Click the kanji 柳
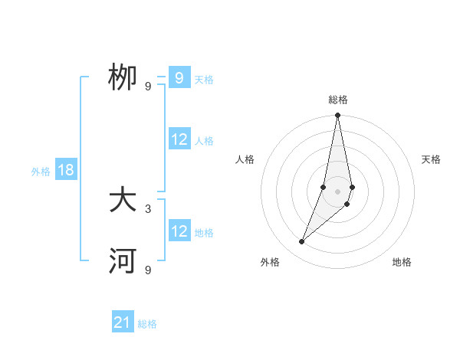123,78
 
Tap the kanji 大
123,201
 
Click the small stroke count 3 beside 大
148,208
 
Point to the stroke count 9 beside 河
148,270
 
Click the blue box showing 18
65,170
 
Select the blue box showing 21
123,322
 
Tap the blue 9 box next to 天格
179,78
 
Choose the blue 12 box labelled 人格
179,139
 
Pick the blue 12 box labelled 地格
179,231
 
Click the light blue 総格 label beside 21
147,324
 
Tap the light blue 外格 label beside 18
41,172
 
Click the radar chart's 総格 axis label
337,100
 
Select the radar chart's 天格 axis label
431,159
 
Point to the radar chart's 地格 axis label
402,262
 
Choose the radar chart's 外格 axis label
270,262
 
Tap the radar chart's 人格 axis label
245,159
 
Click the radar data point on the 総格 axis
337,116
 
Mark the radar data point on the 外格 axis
302,241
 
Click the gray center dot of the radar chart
337,191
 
